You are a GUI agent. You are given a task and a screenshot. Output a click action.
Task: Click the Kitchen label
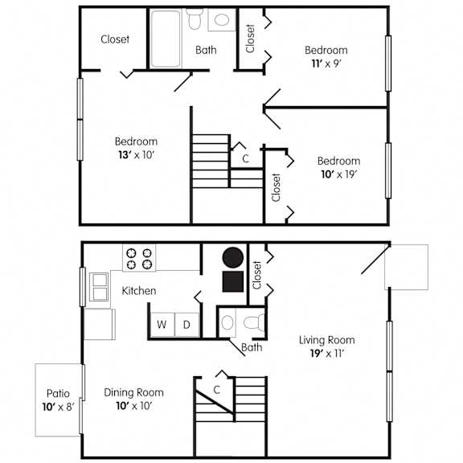[x=139, y=291]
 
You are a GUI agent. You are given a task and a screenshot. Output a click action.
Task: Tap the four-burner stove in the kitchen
[x=139, y=258]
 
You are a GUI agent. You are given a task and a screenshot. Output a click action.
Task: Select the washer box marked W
[x=162, y=325]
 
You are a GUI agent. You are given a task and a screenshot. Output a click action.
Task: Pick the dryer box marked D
[x=187, y=325]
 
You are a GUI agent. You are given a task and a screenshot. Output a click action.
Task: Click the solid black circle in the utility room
[x=233, y=257]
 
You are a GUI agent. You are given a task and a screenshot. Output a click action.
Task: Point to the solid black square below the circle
[x=233, y=281]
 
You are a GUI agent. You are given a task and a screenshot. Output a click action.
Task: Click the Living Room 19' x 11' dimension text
[x=327, y=353]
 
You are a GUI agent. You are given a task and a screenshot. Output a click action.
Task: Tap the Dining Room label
[x=133, y=392]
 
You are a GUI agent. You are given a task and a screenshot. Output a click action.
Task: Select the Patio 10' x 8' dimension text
[x=58, y=407]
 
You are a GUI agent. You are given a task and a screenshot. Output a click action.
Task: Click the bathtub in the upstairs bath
[x=166, y=39]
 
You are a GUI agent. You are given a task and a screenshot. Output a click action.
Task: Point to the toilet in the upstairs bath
[x=195, y=18]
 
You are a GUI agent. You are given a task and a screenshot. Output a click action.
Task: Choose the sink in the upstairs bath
[x=222, y=20]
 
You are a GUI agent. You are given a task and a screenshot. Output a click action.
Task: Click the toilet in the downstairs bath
[x=255, y=322]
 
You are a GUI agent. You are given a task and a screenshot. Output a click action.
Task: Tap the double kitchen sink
[x=99, y=287]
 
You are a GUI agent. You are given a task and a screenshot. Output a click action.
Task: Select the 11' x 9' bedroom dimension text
[x=326, y=64]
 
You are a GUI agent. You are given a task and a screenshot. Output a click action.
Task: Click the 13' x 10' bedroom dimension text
[x=136, y=154]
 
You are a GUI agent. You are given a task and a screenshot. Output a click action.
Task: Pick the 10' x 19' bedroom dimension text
[x=339, y=174]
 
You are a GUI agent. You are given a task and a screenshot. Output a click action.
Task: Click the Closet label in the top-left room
[x=115, y=39]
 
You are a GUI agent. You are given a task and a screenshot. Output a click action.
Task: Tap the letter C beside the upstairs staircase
[x=245, y=158]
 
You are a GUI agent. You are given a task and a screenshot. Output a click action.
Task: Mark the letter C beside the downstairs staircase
[x=217, y=390]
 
